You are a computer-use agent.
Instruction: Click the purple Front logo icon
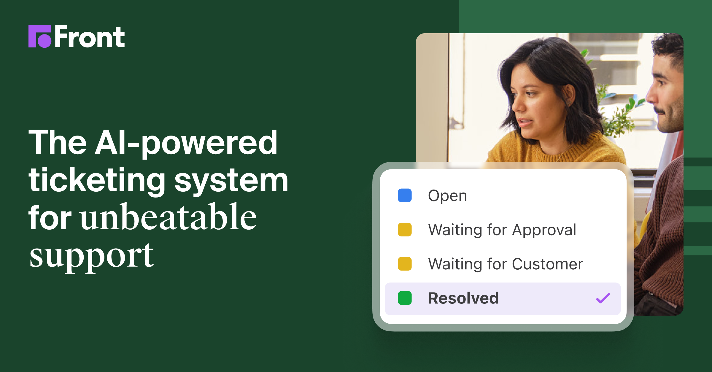pyautogui.click(x=40, y=36)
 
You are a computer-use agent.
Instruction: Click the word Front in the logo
pyautogui.click(x=90, y=37)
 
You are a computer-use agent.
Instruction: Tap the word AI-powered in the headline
pyautogui.click(x=186, y=143)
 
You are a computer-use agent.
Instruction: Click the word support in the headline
pyautogui.click(x=91, y=256)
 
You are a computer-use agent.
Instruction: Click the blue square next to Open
pyautogui.click(x=405, y=195)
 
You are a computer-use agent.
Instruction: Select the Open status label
pyautogui.click(x=447, y=196)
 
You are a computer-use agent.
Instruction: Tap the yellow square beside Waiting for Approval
pyautogui.click(x=405, y=230)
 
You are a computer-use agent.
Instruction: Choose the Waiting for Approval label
pyautogui.click(x=502, y=230)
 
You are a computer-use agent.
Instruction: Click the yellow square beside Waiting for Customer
pyautogui.click(x=405, y=264)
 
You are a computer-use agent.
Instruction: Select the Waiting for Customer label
pyautogui.click(x=506, y=264)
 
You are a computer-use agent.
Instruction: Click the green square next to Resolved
pyautogui.click(x=405, y=298)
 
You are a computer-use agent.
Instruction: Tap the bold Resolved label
pyautogui.click(x=463, y=298)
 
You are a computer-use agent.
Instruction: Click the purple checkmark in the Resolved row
pyautogui.click(x=603, y=298)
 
